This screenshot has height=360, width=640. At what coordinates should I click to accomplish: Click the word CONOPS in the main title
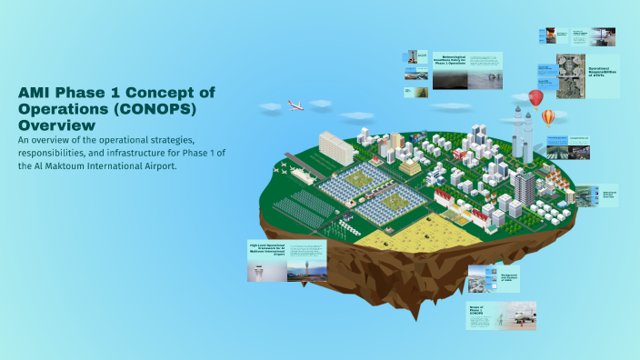161,108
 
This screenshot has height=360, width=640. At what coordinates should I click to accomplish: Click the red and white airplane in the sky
295,105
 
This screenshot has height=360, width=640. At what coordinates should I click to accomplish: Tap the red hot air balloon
536,97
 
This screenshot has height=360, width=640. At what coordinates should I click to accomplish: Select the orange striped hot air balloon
548,117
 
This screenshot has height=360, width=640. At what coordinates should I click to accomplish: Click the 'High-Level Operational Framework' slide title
267,249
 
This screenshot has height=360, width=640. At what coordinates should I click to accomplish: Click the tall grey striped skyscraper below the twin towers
525,185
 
